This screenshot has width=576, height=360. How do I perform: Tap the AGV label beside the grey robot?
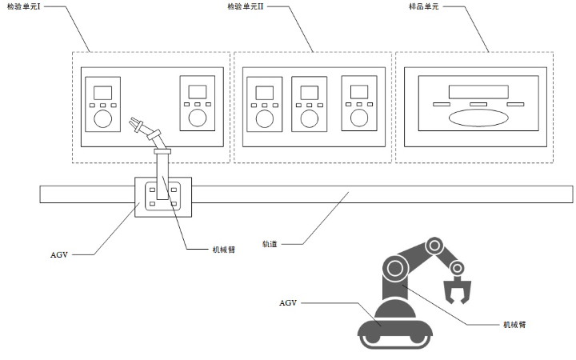pyautogui.click(x=289, y=303)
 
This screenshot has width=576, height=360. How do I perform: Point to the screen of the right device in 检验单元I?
pyautogui.click(x=195, y=91)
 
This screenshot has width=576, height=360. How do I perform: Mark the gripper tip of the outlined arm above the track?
pyautogui.click(x=134, y=123)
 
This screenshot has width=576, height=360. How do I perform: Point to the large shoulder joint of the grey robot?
pyautogui.click(x=395, y=267)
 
